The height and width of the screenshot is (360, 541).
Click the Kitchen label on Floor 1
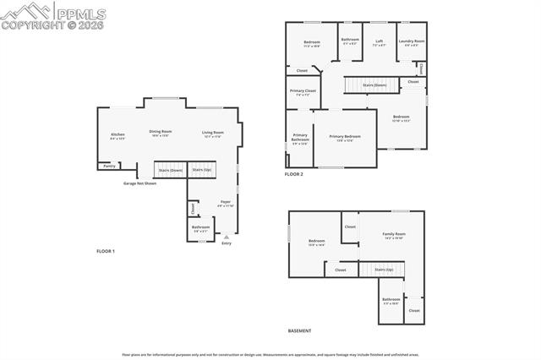click(117, 135)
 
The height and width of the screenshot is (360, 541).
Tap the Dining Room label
click(161, 133)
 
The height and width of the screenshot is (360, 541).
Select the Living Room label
click(212, 133)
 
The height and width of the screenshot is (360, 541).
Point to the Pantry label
click(109, 166)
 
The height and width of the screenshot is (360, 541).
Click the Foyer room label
click(226, 203)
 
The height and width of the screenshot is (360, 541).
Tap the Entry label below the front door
click(226, 243)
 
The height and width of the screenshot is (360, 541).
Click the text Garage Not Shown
click(139, 183)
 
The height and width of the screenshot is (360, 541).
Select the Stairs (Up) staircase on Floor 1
click(202, 170)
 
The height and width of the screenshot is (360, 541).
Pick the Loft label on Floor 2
click(380, 41)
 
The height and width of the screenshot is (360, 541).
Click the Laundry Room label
click(412, 41)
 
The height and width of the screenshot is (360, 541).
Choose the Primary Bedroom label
click(345, 137)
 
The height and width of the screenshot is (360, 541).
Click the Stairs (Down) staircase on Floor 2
click(374, 85)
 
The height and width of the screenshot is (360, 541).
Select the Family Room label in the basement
click(394, 235)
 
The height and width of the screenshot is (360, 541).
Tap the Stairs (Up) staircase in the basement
click(384, 270)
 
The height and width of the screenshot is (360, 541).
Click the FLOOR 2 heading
click(293, 174)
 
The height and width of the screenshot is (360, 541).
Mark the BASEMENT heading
click(299, 330)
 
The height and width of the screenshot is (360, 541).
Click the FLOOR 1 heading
click(105, 251)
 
